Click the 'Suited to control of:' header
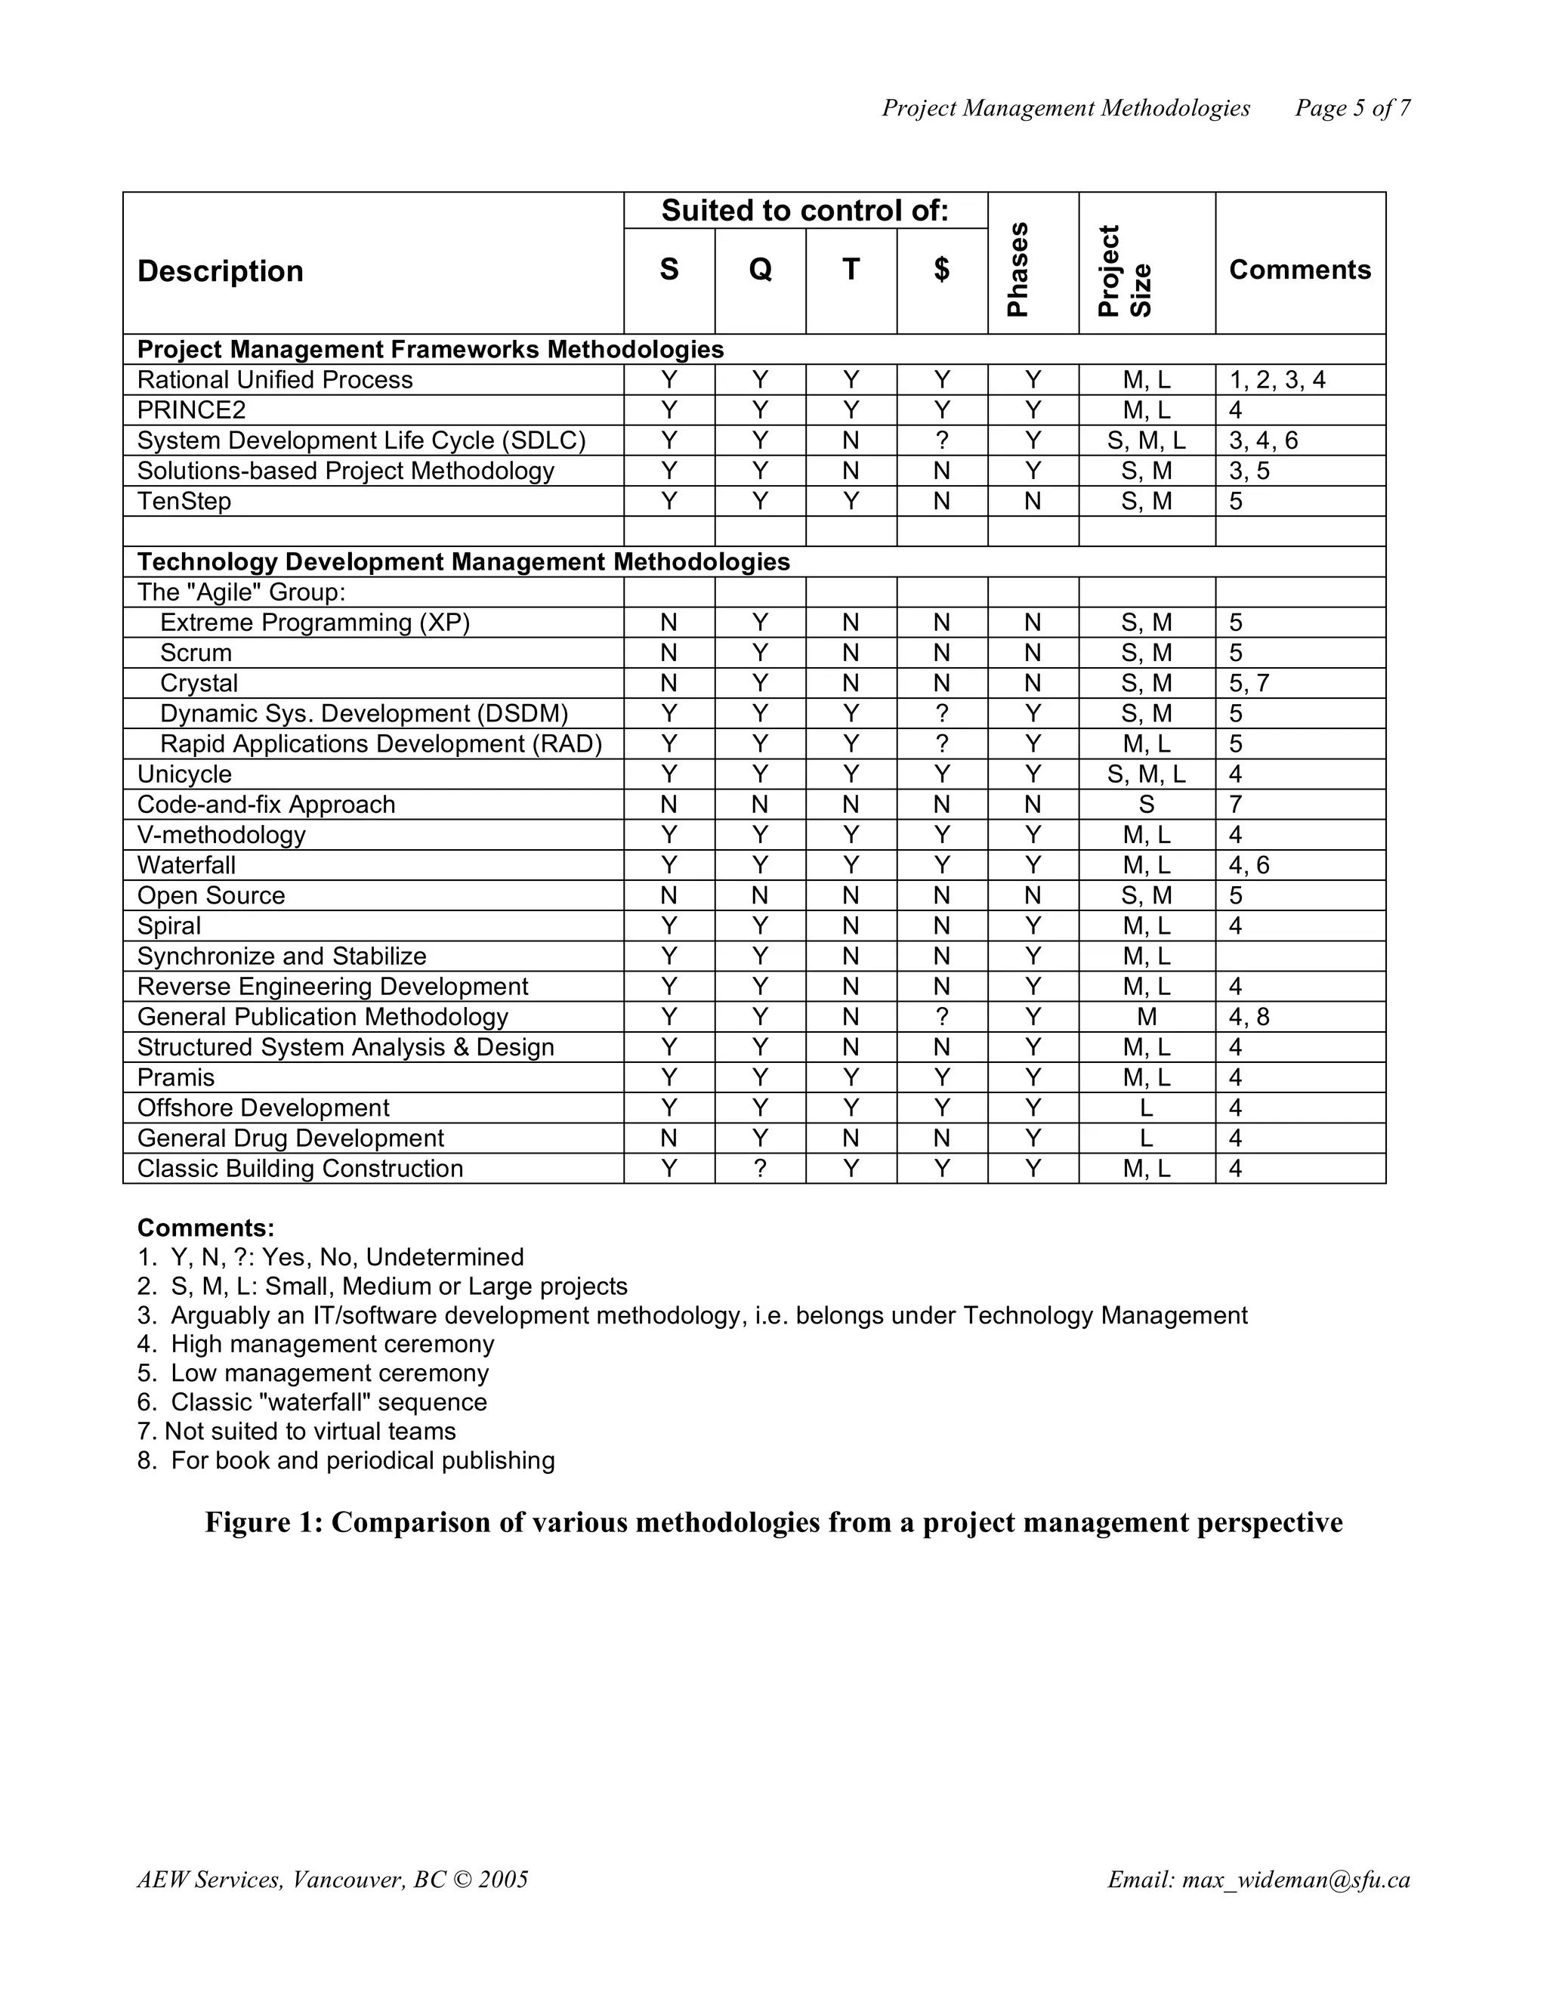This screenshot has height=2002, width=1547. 804,211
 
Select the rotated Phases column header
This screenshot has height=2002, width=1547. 1018,270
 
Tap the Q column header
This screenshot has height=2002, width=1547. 760,270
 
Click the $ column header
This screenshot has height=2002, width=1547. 941,270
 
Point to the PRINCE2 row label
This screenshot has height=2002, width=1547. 192,409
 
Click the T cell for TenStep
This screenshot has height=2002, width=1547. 851,502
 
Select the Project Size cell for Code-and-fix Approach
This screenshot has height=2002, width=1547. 1146,805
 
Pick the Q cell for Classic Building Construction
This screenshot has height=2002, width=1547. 760,1169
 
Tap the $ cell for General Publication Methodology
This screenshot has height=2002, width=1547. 941,1017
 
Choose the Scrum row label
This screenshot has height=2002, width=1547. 196,653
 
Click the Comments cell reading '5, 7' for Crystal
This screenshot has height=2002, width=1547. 1249,683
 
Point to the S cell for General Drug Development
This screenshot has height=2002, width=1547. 669,1138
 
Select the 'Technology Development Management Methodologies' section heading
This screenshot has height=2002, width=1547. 463,562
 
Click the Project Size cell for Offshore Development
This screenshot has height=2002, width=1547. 1146,1108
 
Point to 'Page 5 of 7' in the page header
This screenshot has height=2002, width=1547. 1352,108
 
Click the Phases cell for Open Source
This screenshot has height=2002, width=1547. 1032,895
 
